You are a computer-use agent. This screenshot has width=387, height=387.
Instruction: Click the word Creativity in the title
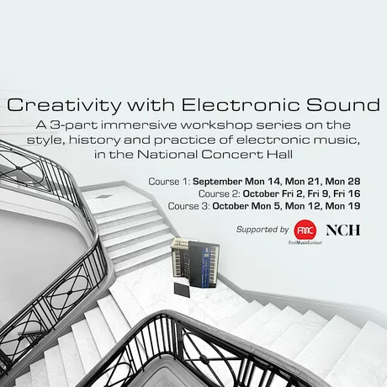[x=64, y=105]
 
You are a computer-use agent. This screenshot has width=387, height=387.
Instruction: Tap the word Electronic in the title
[x=241, y=104]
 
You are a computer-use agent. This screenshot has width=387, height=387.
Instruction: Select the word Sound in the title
[x=343, y=104]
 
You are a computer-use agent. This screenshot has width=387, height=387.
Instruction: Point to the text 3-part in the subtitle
[x=74, y=125]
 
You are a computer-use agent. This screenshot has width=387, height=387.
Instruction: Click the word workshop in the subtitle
[x=216, y=125]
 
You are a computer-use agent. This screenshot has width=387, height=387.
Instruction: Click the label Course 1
[x=170, y=182]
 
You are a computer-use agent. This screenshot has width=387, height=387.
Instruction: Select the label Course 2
[x=220, y=193]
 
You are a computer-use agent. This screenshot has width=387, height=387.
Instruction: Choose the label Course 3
[x=189, y=206]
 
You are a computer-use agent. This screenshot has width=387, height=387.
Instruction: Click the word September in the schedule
[x=217, y=182]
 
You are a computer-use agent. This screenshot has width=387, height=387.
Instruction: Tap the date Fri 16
[x=347, y=193]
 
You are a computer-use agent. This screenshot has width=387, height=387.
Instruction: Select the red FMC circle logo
[x=305, y=231]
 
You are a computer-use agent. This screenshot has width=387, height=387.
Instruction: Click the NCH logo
[x=343, y=231]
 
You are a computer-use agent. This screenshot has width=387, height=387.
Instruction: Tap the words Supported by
[x=262, y=230]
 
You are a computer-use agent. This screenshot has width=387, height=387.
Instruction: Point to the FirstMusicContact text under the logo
[x=305, y=243]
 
